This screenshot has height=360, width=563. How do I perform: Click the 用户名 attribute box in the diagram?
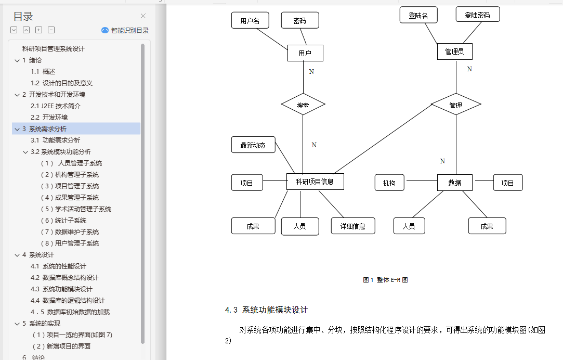tap(250, 20)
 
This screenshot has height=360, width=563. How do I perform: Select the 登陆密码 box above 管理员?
tap(477, 15)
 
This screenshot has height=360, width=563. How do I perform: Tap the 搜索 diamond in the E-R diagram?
tap(303, 105)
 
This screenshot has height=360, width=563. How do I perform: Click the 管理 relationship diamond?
tap(455, 105)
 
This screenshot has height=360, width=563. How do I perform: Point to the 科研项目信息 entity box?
tap(315, 182)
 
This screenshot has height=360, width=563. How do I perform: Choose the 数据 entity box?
tap(454, 183)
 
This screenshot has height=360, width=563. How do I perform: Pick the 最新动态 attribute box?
tap(253, 145)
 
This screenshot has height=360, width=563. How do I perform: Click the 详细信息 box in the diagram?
tap(352, 226)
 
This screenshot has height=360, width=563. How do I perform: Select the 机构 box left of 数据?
tap(389, 183)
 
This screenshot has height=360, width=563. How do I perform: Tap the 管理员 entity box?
tap(454, 52)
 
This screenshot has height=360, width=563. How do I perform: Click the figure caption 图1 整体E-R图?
tap(385, 280)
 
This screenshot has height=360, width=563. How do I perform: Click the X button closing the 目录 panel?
tap(143, 16)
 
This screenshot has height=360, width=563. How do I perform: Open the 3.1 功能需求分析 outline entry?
tap(55, 140)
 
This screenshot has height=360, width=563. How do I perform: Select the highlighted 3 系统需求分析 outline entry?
tap(47, 128)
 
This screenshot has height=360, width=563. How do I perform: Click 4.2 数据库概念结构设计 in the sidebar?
tap(64, 277)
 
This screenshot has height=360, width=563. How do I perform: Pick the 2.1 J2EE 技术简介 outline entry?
tap(56, 106)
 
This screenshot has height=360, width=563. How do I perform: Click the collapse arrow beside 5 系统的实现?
tap(17, 323)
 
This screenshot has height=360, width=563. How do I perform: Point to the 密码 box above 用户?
tap(299, 20)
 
